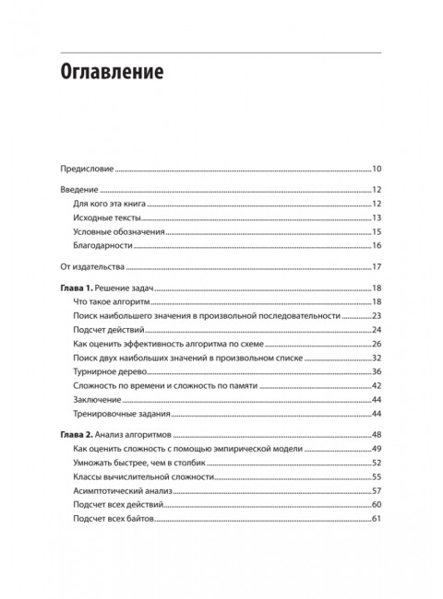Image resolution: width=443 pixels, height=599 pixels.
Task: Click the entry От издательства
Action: point(90,267)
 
